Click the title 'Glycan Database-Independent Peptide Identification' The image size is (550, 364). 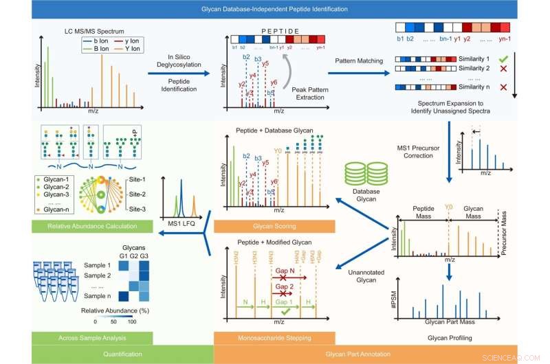click(274, 10)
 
